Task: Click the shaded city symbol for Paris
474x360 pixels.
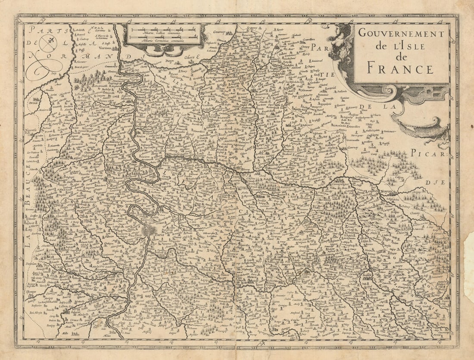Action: click(x=148, y=230)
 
